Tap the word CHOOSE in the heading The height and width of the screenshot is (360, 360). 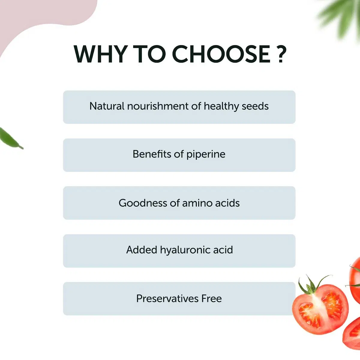coord(221,54)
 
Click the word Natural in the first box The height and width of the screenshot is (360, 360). coord(107,106)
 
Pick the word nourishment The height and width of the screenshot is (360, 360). coord(158,106)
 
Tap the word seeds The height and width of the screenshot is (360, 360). coord(255,106)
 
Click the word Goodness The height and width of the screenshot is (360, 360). coord(143,203)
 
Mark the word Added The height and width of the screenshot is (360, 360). coord(142,250)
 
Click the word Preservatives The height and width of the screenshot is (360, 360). coord(167,298)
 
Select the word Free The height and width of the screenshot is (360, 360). coord(211,298)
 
